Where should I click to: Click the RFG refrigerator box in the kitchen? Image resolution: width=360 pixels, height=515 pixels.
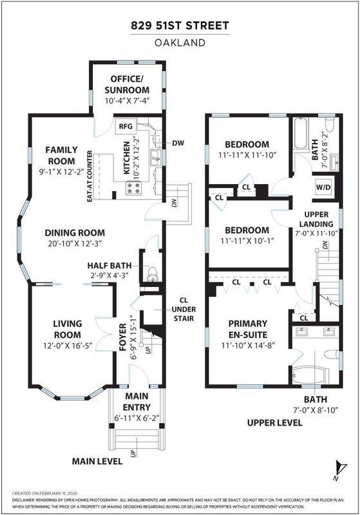click(126, 126)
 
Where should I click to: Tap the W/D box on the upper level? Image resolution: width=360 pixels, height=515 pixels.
click(323, 187)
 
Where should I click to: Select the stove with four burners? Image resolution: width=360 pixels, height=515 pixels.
click(133, 188)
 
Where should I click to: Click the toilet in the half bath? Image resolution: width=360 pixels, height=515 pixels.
click(152, 274)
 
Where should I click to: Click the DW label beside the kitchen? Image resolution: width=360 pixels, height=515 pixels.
click(178, 143)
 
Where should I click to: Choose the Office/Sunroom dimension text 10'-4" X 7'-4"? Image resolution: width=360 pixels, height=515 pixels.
click(127, 100)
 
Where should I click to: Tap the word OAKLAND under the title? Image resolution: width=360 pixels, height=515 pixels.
click(180, 42)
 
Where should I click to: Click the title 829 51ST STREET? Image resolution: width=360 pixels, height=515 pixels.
click(180, 26)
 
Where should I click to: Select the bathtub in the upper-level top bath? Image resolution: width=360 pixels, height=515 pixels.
click(301, 133)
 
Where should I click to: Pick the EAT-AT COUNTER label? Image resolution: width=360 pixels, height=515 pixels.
click(90, 176)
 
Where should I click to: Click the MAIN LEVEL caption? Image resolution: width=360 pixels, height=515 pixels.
click(97, 461)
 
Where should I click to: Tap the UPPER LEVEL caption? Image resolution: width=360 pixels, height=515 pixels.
click(274, 423)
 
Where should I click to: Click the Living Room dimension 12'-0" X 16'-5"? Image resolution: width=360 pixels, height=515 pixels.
click(68, 346)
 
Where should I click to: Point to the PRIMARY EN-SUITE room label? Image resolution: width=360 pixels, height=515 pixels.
click(248, 329)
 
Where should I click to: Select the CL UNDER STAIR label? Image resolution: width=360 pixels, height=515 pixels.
click(184, 309)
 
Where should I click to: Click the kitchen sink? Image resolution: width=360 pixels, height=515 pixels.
click(155, 158)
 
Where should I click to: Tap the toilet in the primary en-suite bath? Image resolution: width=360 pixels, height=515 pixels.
click(331, 355)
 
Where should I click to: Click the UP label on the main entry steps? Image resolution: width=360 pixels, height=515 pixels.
click(133, 453)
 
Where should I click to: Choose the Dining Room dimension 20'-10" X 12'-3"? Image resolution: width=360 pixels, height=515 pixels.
click(75, 243)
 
